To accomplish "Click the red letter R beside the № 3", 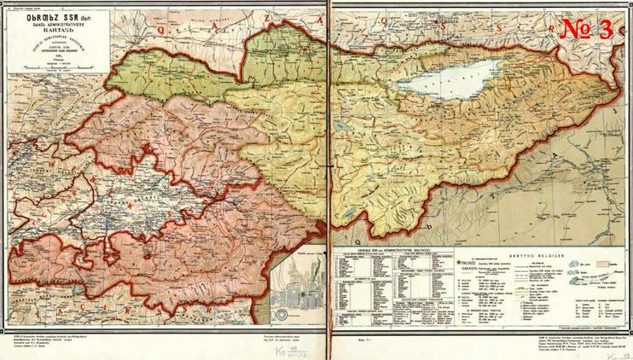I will coord(543,26).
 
